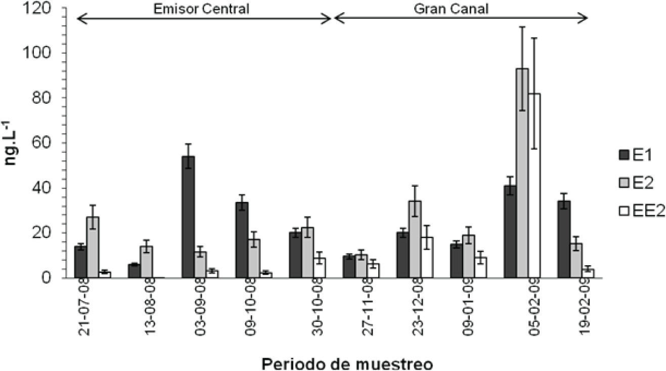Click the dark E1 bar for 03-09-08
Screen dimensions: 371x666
tap(188, 217)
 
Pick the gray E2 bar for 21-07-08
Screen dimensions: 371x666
tap(93, 248)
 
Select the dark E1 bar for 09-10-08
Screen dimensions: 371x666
tap(242, 240)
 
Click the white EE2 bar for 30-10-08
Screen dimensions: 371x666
tap(320, 268)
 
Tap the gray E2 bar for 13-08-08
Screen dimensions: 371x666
tap(147, 262)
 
